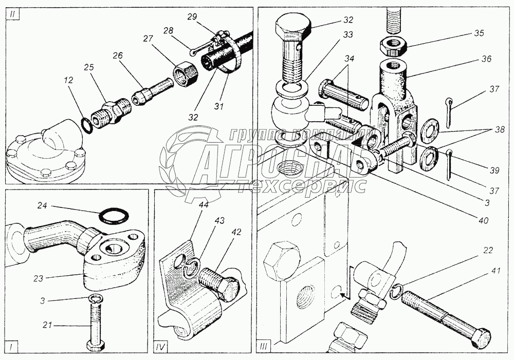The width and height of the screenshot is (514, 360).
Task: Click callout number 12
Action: (69, 81)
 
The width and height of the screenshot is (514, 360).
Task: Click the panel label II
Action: (12, 14)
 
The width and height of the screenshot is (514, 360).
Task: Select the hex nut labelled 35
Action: (393, 47)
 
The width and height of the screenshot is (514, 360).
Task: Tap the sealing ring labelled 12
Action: (88, 125)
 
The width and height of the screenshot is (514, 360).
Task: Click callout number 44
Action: (203, 205)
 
